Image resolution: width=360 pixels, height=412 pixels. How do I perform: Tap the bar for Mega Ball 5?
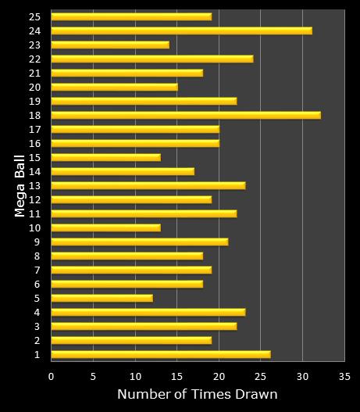(x=102, y=298)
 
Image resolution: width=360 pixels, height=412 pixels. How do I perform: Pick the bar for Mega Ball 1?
(x=160, y=354)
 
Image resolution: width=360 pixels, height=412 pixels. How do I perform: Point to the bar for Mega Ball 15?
(x=105, y=157)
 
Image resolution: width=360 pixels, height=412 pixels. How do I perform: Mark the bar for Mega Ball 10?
(x=105, y=227)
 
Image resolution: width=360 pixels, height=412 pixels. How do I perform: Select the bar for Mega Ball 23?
(x=110, y=45)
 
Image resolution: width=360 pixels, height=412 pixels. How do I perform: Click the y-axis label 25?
(x=34, y=16)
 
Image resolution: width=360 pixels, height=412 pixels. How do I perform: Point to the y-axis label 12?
(x=34, y=199)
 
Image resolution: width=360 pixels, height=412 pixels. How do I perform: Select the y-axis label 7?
(x=37, y=270)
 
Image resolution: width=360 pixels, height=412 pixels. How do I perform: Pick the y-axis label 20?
(x=34, y=87)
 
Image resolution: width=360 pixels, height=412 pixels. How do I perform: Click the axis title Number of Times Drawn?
(x=197, y=395)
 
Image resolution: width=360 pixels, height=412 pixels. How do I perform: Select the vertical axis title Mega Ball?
(x=19, y=185)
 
